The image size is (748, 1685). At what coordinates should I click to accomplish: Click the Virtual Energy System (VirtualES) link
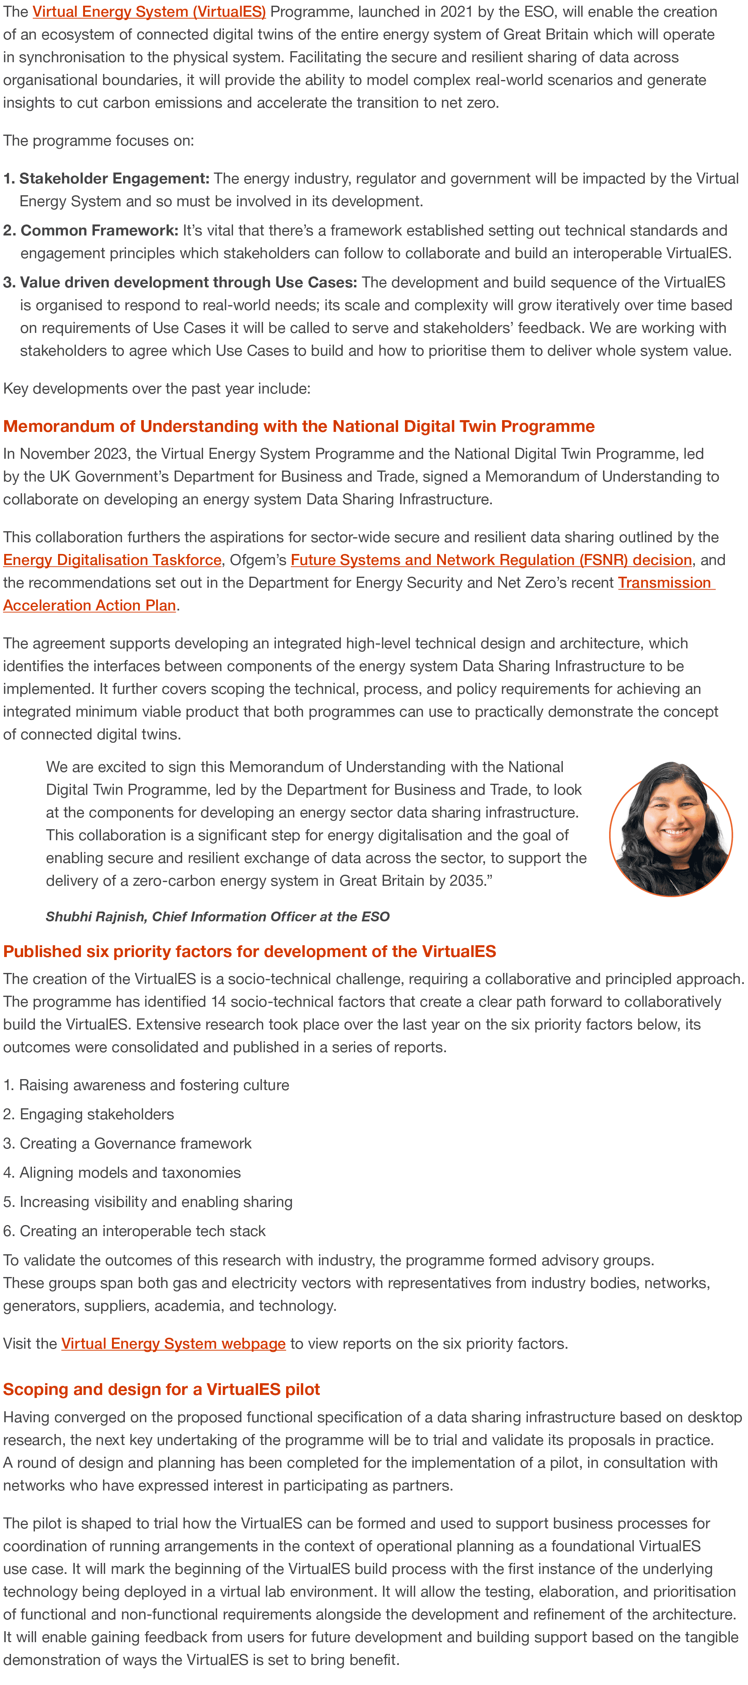(148, 12)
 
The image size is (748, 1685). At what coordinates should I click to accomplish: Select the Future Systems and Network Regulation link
(491, 560)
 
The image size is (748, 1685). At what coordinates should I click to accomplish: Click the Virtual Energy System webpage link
(173, 1343)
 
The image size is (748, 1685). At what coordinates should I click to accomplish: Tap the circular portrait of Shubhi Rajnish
(671, 829)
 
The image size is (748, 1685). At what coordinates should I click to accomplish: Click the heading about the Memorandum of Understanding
(298, 427)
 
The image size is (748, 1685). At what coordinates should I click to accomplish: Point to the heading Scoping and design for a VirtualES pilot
(162, 1389)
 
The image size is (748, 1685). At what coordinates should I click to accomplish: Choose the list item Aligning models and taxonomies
(129, 1172)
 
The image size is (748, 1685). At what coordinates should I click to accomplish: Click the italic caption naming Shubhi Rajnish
(217, 916)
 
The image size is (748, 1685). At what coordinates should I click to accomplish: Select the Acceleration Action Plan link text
(90, 605)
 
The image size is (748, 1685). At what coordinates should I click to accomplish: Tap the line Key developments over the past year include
(156, 389)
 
